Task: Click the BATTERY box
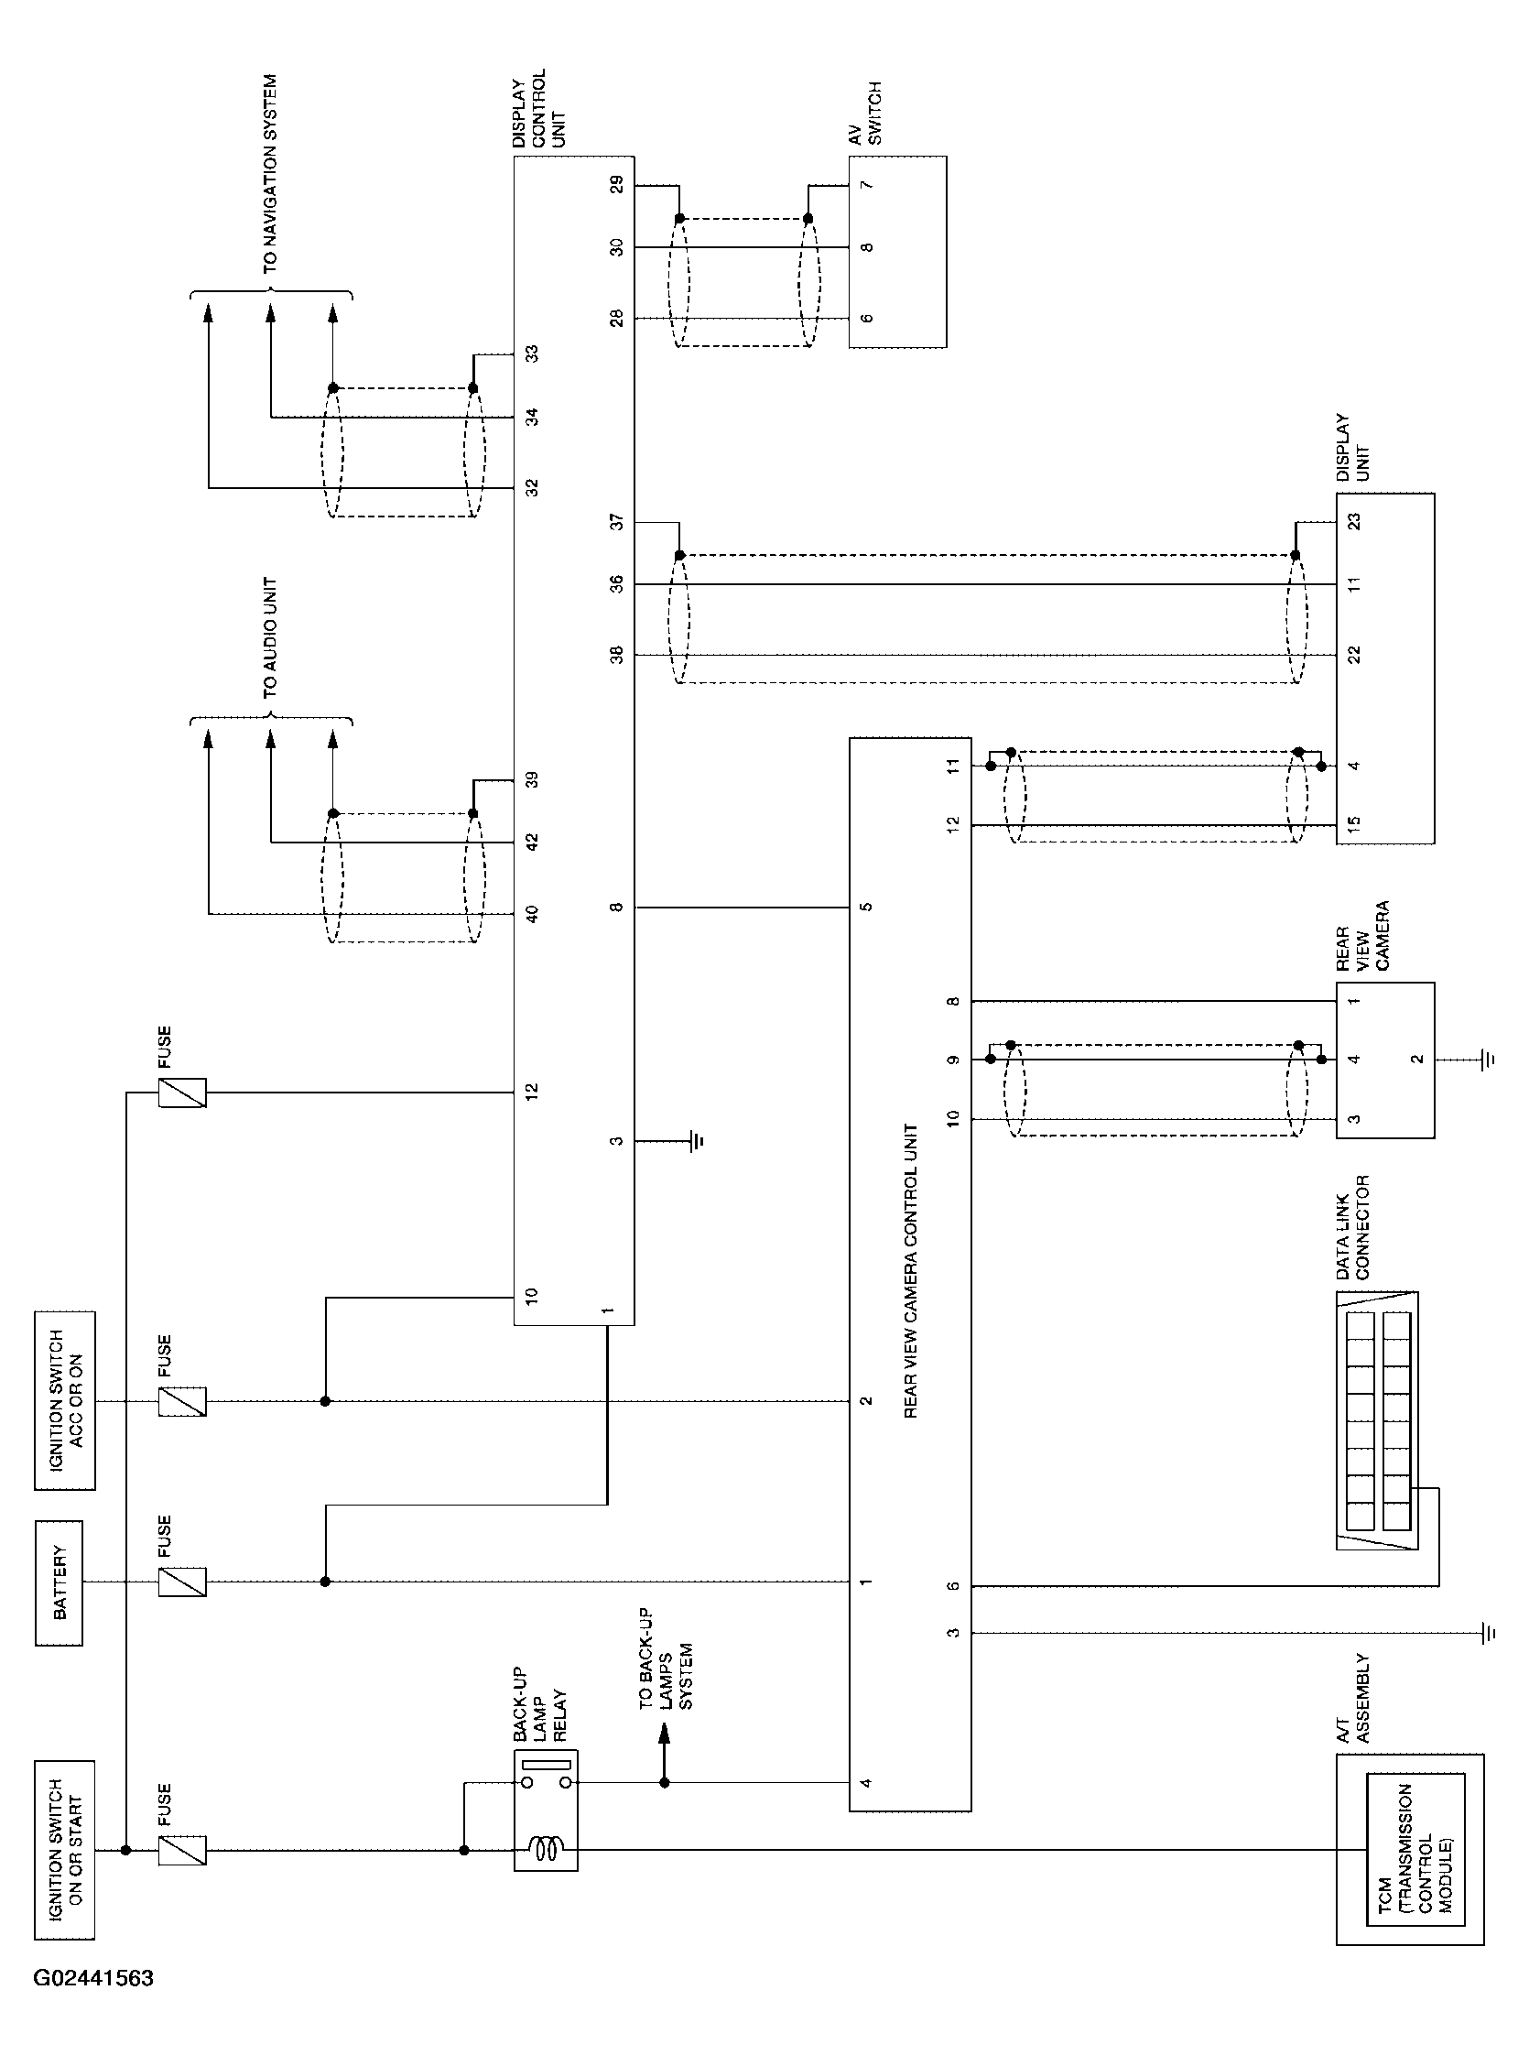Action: coord(59,1582)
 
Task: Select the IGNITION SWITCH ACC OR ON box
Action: coord(65,1400)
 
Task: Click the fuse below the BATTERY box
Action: coord(182,1582)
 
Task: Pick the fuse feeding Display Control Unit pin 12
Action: coord(182,1093)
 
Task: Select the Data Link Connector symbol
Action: coord(1377,1421)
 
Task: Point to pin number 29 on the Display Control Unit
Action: coord(616,185)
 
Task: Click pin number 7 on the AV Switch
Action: coord(867,185)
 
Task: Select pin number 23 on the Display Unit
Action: coord(1354,522)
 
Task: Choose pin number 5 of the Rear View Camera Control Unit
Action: coord(867,908)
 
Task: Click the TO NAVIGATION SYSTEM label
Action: coord(270,174)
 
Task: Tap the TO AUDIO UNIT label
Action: coord(270,638)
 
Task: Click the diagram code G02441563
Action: coord(93,1979)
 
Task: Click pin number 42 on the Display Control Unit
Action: coord(532,843)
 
